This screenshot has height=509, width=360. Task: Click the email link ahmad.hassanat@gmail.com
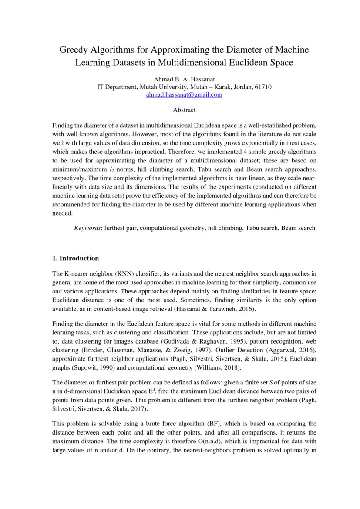click(184, 94)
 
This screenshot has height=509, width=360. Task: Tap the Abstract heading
click(184, 110)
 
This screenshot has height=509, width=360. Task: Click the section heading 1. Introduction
click(75, 258)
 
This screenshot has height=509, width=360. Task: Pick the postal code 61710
click(263, 87)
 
